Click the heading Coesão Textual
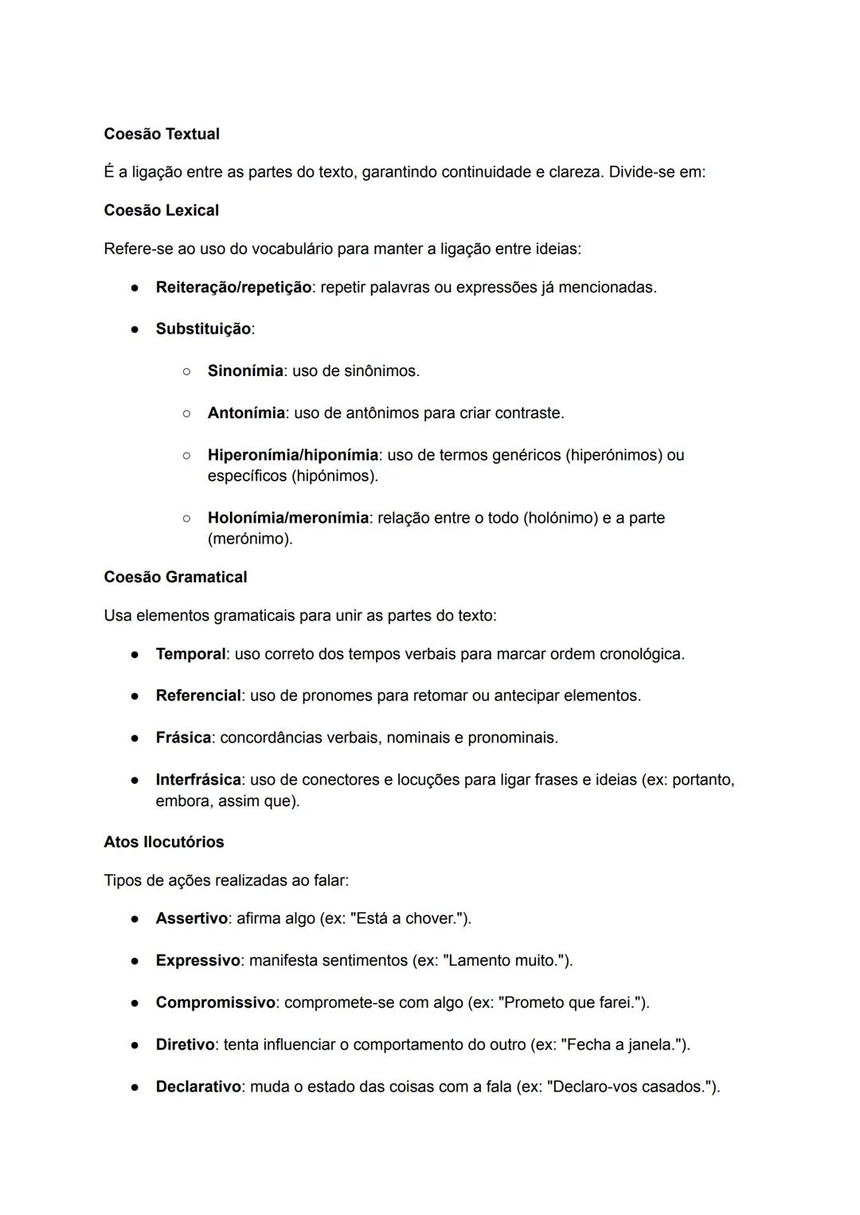[162, 134]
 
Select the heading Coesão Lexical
[161, 210]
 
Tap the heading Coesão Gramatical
[175, 577]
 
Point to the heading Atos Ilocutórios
[164, 842]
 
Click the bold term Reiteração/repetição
[233, 287]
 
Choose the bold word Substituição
[203, 329]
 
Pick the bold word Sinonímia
[245, 371]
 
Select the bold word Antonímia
[246, 413]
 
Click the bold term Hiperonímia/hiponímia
[292, 455]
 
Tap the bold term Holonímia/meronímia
[287, 518]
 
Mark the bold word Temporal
[190, 654]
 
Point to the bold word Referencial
[198, 696]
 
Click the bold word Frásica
[183, 738]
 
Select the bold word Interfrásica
[198, 779]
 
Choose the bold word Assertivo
[191, 919]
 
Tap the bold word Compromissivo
[215, 1002]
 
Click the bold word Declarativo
[198, 1087]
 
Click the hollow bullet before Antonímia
[186, 413]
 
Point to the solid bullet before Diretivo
[136, 1045]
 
